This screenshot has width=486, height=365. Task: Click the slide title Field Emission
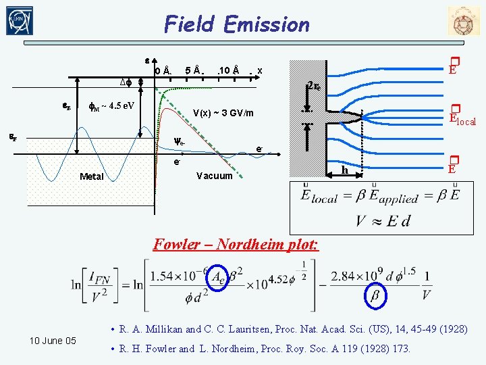pyautogui.click(x=237, y=24)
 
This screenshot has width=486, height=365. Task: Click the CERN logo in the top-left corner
pyautogui.click(x=20, y=22)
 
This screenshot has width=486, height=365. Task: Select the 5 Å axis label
pyautogui.click(x=194, y=70)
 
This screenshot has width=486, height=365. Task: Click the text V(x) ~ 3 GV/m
pyautogui.click(x=223, y=113)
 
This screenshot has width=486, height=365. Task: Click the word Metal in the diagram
pyautogui.click(x=92, y=176)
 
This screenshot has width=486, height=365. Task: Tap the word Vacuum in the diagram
pyautogui.click(x=215, y=176)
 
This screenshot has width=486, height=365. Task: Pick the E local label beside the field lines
pyautogui.click(x=462, y=119)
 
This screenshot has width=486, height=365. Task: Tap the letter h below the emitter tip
pyautogui.click(x=344, y=170)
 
